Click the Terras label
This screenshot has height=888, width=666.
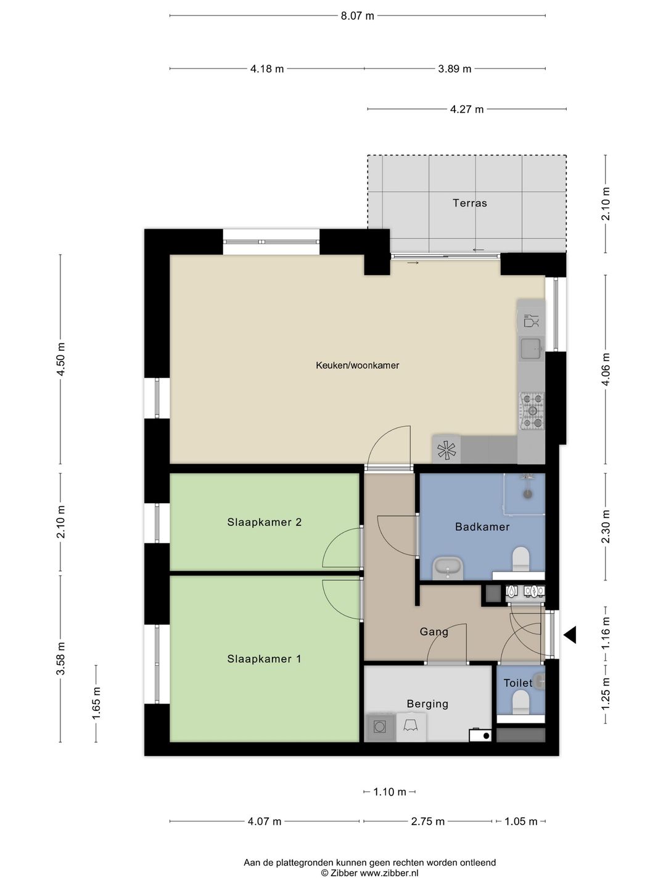click(x=469, y=203)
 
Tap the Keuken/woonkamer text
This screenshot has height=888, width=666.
click(x=357, y=365)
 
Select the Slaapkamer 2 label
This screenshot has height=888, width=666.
click(x=264, y=522)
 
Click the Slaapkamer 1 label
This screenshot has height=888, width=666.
click(x=264, y=659)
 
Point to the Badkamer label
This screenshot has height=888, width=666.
click(x=482, y=527)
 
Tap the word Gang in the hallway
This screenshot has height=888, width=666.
click(x=434, y=631)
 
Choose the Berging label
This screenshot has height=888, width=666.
click(x=427, y=704)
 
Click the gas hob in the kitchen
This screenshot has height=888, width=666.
click(x=532, y=411)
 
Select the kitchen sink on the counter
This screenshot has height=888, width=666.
click(x=530, y=348)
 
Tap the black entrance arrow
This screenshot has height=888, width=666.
click(x=570, y=635)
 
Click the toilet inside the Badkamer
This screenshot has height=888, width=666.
click(x=521, y=559)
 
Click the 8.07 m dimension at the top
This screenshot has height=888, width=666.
click(x=357, y=16)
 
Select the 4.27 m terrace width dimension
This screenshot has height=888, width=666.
click(x=467, y=109)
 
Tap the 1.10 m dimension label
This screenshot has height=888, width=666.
click(x=389, y=792)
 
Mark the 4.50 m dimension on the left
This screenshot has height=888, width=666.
click(x=60, y=359)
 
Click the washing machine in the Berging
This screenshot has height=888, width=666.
click(x=379, y=727)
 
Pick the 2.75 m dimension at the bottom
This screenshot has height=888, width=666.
click(x=427, y=821)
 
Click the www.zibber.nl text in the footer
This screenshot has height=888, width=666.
click(x=389, y=873)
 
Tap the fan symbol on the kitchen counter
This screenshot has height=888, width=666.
click(x=446, y=450)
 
